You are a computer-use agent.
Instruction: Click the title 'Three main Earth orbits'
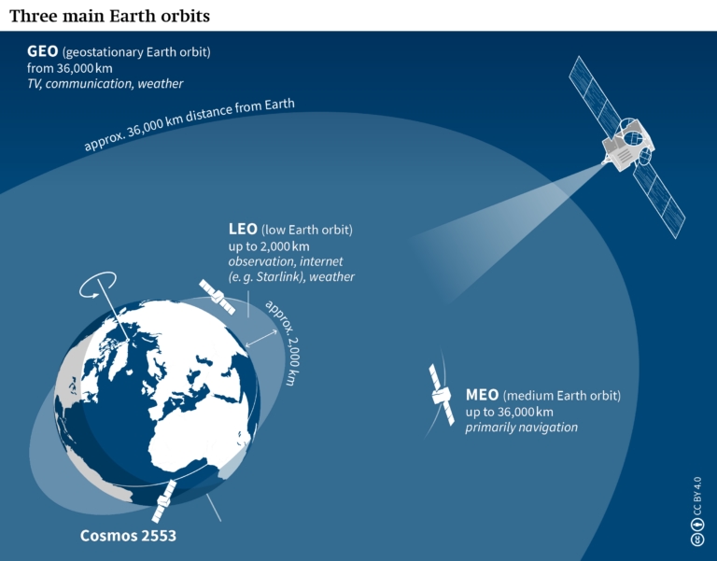point(109,16)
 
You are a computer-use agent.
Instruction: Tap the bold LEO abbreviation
point(243,229)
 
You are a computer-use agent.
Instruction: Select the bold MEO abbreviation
point(482,396)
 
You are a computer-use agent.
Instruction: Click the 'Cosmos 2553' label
point(128,536)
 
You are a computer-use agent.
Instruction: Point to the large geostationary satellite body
point(625,145)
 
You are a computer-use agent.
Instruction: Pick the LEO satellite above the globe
point(216,296)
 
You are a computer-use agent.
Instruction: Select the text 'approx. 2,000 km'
point(283,342)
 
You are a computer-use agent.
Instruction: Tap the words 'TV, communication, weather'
point(105,83)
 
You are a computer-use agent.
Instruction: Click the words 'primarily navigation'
point(521,428)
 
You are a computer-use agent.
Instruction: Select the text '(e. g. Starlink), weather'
point(291,277)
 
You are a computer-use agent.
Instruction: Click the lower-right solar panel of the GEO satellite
point(662,201)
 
